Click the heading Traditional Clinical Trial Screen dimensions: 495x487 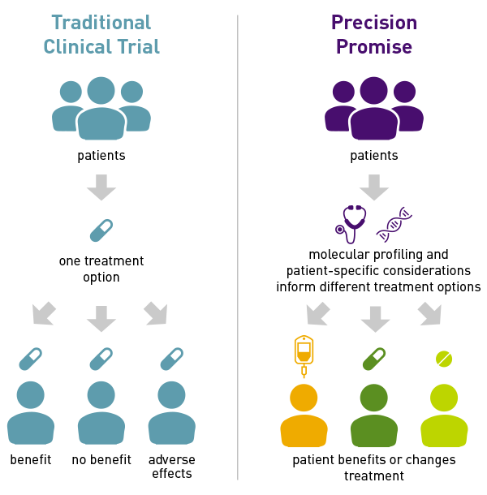coord(101,35)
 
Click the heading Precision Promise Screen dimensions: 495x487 coord(374,35)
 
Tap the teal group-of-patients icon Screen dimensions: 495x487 coord(101,109)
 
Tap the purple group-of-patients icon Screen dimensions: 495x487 coord(374,109)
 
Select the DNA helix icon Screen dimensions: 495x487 coord(394,225)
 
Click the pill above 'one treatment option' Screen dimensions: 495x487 coord(101,230)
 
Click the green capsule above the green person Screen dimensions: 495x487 coord(374,358)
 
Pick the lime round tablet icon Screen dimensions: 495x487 coord(444,358)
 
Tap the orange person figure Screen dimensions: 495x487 coord(304,415)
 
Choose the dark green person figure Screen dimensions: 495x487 coord(374,415)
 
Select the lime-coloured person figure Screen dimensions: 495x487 coord(444,415)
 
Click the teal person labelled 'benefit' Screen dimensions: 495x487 coord(31,414)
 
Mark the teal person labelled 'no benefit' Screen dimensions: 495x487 coord(101,414)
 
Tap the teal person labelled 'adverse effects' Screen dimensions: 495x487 coord(172,414)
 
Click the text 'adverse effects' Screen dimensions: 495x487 coord(172,467)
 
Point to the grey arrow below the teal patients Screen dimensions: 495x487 coord(101,187)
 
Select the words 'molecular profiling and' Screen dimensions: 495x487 coord(378,254)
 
